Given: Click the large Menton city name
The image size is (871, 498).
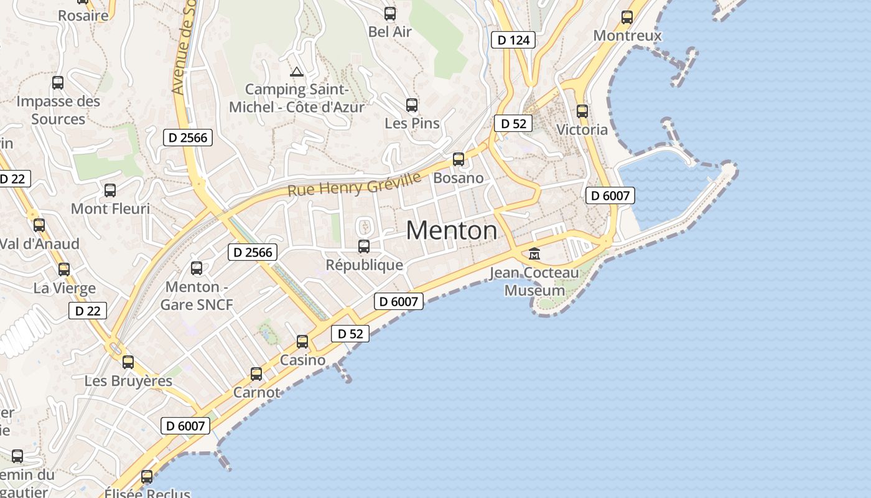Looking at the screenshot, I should click(452, 231).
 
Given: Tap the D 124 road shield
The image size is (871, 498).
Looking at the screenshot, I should click(513, 40).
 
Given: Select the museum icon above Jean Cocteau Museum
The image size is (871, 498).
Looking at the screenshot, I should click(534, 253).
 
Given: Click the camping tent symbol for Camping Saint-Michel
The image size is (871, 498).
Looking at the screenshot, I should click(297, 72).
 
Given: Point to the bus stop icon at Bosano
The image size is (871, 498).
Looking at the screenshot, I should click(459, 159).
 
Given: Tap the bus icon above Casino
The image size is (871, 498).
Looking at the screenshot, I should click(302, 342).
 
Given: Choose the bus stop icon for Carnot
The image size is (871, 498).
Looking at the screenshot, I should click(256, 374).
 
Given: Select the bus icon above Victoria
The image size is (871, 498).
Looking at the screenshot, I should click(582, 111).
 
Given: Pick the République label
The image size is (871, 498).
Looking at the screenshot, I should click(365, 265).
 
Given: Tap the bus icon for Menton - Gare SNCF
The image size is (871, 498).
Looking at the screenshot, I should click(197, 268).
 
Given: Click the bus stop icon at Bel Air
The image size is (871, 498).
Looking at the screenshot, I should click(390, 13).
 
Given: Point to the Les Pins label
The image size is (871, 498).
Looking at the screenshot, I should click(412, 123).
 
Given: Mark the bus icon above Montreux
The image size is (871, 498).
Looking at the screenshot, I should click(627, 17).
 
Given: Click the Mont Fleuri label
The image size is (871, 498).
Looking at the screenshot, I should click(111, 209).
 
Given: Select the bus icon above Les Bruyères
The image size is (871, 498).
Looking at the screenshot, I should click(128, 362).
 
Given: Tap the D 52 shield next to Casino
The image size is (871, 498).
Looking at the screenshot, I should click(350, 334).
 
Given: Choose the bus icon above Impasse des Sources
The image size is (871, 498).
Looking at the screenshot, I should click(58, 82).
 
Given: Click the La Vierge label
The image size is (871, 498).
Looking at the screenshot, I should click(65, 288).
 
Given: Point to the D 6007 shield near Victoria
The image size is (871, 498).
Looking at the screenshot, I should click(610, 195).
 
